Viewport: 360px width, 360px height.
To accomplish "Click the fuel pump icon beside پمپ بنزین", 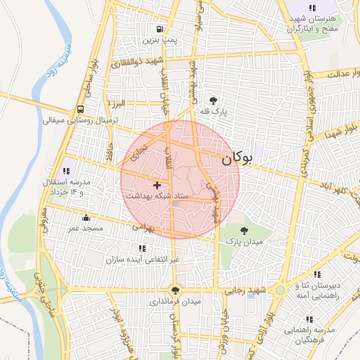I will tap(160, 30).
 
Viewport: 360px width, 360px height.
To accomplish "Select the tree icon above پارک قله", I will tap(214, 101).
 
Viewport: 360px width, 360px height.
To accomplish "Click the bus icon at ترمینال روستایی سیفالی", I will tap(81, 110).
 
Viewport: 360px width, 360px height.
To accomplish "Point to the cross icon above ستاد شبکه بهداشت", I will tap(156, 184).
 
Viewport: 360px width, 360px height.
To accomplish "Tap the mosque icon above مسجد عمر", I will tap(86, 217).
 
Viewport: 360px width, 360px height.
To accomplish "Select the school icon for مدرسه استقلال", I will tap(67, 170).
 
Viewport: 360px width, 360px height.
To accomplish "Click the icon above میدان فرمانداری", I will tap(175, 290).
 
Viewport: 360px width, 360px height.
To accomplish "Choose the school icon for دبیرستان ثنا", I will tap(316, 274).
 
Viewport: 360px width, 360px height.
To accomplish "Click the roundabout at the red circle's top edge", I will tap(169, 126).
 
